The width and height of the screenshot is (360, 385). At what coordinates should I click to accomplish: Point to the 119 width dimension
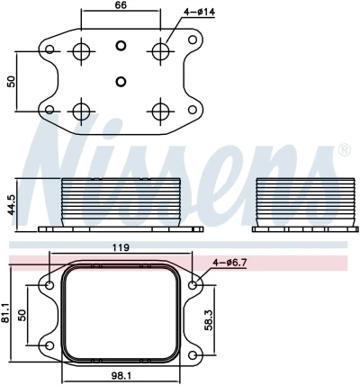(121, 246)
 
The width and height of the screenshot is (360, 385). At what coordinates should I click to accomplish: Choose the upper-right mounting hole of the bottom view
(193, 286)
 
